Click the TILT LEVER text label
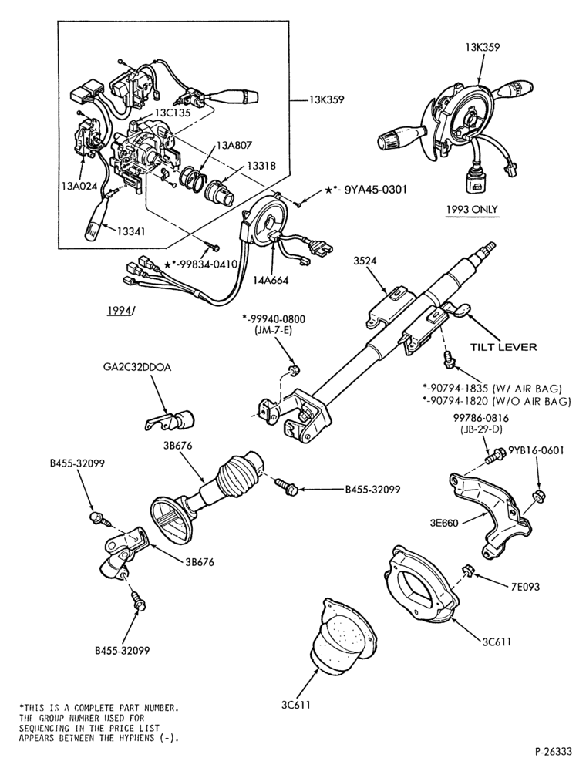point(503,347)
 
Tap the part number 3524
point(365,261)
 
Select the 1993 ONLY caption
point(472,209)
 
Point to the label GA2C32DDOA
point(137,367)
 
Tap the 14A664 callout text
point(271,280)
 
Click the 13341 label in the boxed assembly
point(133,231)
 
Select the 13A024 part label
point(79,185)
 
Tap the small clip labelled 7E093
point(466,570)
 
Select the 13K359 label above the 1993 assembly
point(483,48)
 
